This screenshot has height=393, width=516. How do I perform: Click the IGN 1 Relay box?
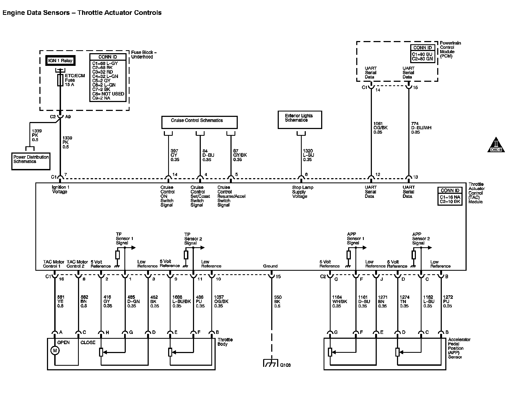click(60, 61)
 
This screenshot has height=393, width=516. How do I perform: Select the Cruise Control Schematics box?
click(199, 122)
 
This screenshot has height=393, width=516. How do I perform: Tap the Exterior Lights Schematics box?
click(300, 119)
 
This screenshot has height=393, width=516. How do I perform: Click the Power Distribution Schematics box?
click(31, 161)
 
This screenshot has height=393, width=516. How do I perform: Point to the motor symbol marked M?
click(55, 350)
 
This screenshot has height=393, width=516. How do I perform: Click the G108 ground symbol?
click(271, 363)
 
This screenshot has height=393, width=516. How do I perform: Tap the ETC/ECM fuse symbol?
click(60, 80)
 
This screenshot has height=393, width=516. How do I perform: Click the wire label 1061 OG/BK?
click(380, 128)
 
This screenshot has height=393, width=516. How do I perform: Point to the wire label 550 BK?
click(277, 301)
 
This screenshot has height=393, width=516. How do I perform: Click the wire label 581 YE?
click(60, 301)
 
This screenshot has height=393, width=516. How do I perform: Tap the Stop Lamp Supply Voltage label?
click(302, 192)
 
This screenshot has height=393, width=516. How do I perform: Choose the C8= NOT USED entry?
click(108, 94)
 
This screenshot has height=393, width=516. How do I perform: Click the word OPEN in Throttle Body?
click(63, 343)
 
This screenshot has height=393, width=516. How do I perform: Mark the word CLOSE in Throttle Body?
click(88, 343)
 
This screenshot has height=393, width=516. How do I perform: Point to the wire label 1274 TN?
click(404, 301)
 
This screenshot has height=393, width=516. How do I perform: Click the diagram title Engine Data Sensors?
click(36, 13)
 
